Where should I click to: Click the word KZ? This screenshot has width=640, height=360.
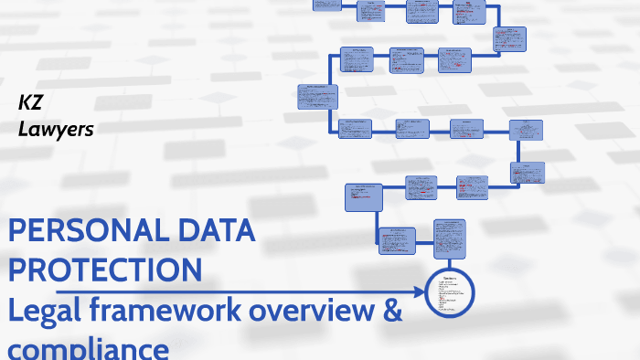click(x=31, y=105)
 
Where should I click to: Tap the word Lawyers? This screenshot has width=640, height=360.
click(x=56, y=130)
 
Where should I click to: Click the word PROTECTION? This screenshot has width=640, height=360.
click(x=105, y=270)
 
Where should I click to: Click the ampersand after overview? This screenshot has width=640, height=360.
click(x=391, y=310)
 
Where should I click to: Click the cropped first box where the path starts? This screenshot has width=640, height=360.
click(x=326, y=4)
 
